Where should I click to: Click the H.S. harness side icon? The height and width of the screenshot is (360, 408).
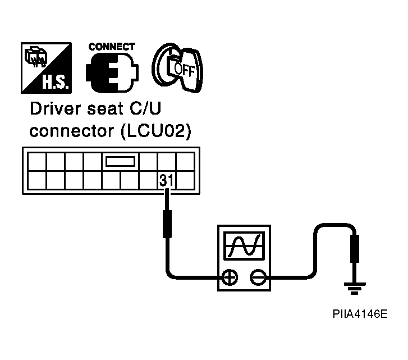(x=47, y=68)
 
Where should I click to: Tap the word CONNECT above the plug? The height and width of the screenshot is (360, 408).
(x=112, y=47)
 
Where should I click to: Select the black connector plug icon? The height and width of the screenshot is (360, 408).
(x=112, y=72)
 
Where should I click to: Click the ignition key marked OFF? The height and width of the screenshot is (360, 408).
(x=178, y=68)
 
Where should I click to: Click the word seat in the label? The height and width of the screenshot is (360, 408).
(x=105, y=109)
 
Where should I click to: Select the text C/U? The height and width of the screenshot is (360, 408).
(x=145, y=108)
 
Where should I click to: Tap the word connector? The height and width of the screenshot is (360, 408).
(x=72, y=131)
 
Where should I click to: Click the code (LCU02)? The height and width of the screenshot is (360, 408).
(x=156, y=131)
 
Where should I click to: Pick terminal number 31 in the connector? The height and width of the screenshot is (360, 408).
(x=166, y=180)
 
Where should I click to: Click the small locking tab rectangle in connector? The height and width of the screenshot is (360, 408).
(x=121, y=161)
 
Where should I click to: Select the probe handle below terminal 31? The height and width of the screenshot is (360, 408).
(x=167, y=224)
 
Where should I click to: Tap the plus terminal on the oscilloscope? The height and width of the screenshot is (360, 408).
(x=229, y=277)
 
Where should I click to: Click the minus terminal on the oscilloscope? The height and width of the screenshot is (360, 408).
(x=258, y=277)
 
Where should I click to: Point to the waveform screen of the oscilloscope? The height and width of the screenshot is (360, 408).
(x=244, y=246)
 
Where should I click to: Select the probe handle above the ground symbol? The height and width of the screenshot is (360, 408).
(x=355, y=249)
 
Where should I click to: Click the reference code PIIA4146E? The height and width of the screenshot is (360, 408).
(x=360, y=313)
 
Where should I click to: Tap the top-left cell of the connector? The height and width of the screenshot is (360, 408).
(x=37, y=162)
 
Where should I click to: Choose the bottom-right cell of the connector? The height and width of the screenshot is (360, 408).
(x=185, y=180)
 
